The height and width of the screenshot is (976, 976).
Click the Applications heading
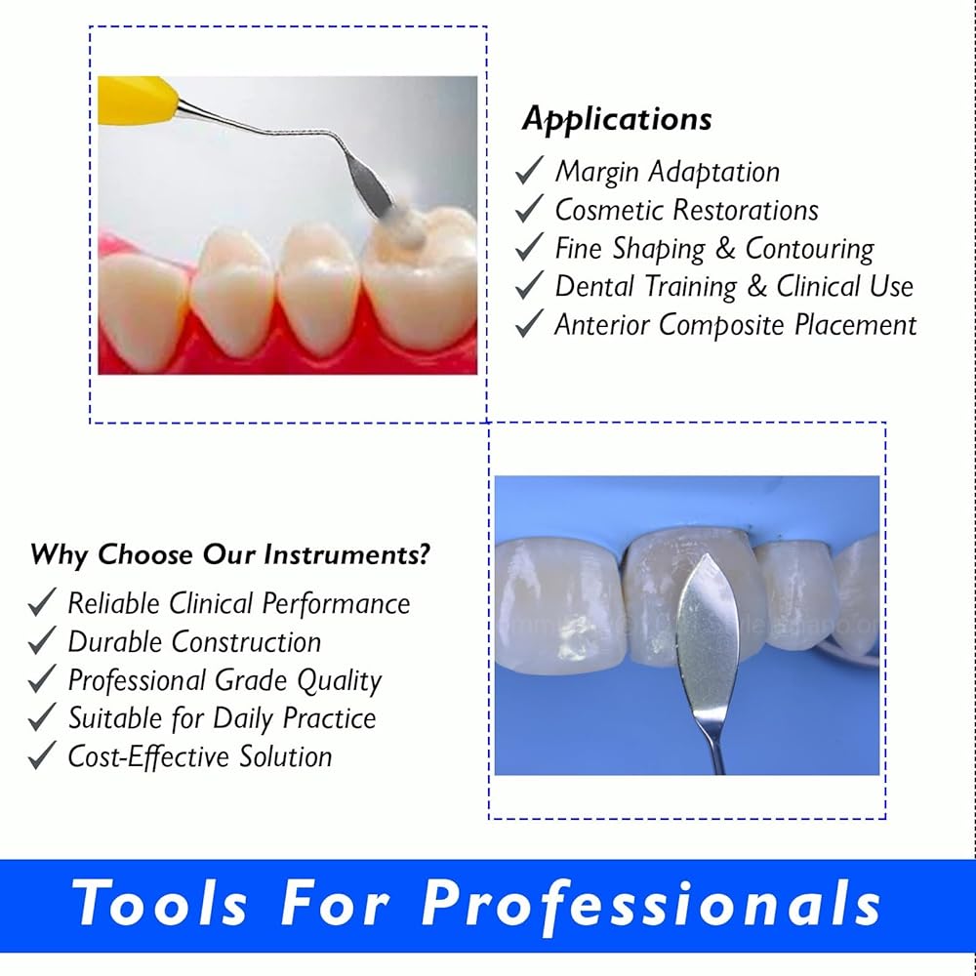(x=617, y=119)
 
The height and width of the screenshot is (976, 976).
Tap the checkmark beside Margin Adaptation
(x=530, y=170)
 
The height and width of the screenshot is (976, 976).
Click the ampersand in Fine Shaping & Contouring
(x=725, y=248)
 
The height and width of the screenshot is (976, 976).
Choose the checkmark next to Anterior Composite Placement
(x=530, y=323)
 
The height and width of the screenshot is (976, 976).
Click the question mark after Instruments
(x=423, y=553)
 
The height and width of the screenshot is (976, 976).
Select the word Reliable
(x=114, y=603)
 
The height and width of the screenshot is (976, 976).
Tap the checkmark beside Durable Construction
(x=42, y=640)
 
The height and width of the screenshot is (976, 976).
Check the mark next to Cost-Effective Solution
(x=42, y=755)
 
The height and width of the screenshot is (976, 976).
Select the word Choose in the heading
(x=145, y=554)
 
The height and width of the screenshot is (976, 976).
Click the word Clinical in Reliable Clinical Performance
(x=211, y=603)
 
